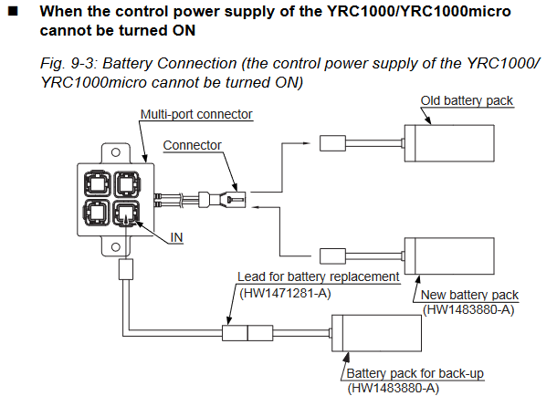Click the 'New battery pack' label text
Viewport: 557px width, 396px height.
click(469, 295)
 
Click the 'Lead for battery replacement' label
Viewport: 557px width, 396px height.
click(318, 276)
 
